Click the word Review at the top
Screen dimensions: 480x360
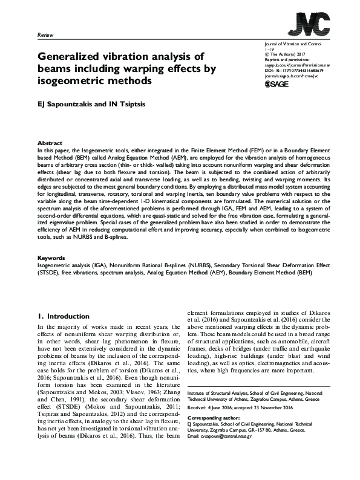coord(46,36)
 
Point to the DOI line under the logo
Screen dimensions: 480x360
coord(296,70)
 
